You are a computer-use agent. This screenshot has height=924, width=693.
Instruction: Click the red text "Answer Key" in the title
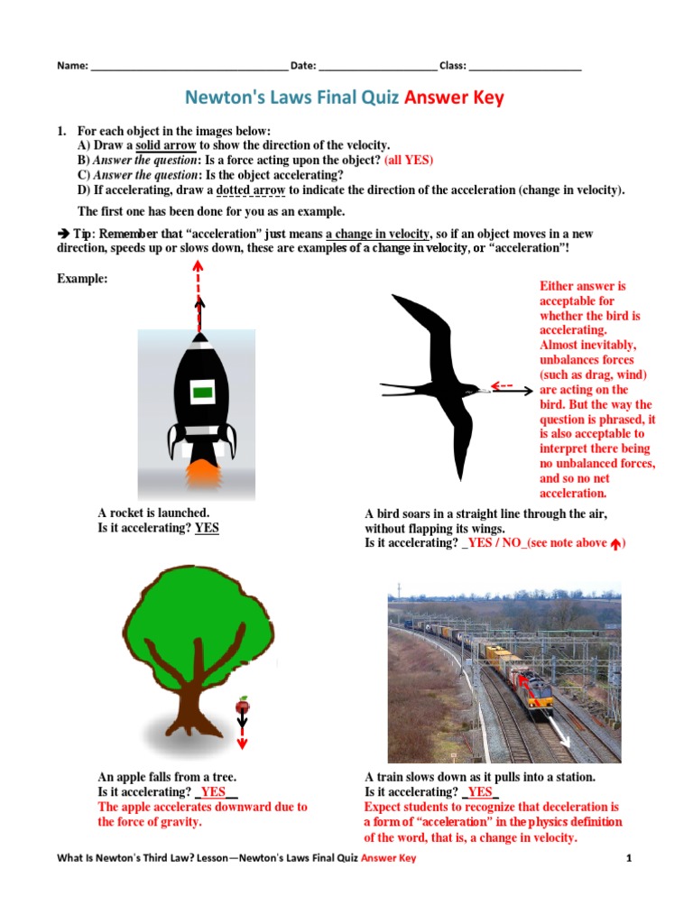click(x=454, y=97)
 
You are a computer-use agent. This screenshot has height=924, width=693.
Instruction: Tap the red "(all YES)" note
click(x=408, y=160)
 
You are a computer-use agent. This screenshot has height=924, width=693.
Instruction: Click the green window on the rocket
click(x=202, y=392)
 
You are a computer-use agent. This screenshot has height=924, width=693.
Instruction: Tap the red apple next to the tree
click(x=242, y=705)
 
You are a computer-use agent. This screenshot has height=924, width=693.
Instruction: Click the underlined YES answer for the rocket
click(x=207, y=528)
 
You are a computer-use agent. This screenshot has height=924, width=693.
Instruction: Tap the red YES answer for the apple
click(x=213, y=791)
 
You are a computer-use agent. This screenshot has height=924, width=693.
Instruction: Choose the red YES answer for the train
click(x=480, y=791)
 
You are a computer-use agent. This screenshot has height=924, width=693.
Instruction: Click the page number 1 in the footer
click(x=629, y=858)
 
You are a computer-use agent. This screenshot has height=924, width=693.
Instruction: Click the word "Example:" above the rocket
click(x=82, y=279)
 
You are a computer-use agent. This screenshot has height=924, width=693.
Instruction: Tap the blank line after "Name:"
click(x=188, y=66)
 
